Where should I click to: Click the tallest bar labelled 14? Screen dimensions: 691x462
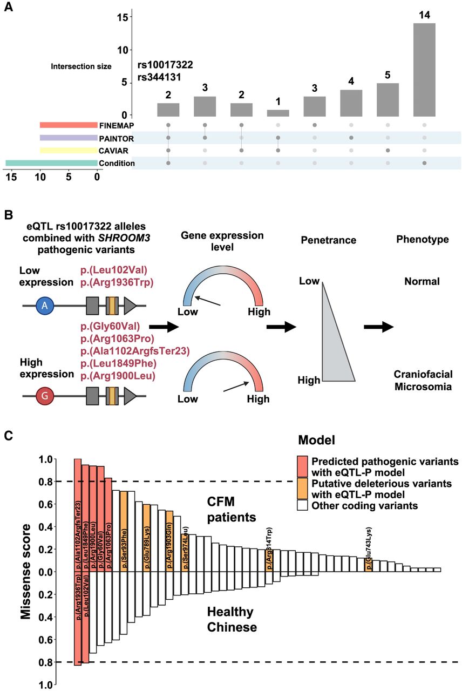424,69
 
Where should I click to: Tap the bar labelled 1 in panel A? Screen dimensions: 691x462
277,113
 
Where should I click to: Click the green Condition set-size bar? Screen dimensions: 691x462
51,163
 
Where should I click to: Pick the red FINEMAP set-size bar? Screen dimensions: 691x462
68,125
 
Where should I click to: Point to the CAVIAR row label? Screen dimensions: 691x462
112,151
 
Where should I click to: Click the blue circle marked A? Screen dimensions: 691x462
44,307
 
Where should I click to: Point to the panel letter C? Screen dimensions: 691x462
9,436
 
